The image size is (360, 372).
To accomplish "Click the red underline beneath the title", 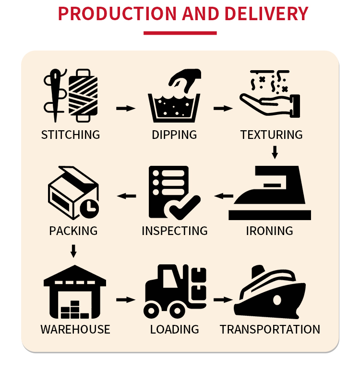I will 180,33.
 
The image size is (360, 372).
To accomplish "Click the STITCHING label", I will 71,135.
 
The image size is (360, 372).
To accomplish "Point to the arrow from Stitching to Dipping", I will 126,108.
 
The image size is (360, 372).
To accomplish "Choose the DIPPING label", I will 174,135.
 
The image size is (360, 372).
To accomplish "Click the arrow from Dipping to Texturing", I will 223,108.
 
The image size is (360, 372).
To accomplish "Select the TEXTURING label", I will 271,135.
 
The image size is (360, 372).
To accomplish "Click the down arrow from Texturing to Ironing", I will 275,152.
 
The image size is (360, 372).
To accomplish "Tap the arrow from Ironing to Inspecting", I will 224,196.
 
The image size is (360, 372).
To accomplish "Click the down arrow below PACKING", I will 73,250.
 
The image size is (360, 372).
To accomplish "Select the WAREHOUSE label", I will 75,329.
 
